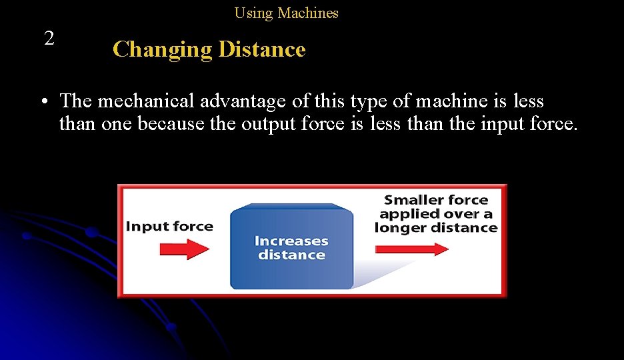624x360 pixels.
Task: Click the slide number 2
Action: coord(49,39)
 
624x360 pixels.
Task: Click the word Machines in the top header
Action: coord(308,13)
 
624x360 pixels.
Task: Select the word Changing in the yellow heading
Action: coord(162,49)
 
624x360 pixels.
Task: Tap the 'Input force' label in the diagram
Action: coord(169,226)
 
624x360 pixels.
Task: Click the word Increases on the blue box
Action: coord(291,241)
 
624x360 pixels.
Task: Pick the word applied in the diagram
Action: coord(410,213)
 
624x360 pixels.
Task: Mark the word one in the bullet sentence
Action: coord(117,124)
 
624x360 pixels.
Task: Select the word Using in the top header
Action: coord(254,13)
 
